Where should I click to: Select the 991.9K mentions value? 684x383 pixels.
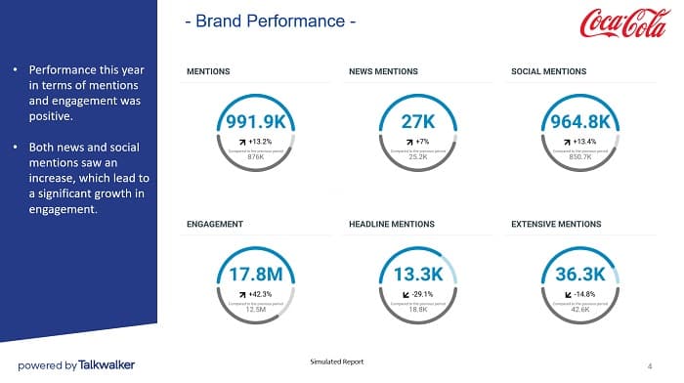255,122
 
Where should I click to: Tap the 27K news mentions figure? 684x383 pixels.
418,122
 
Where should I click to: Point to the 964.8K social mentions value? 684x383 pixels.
581,122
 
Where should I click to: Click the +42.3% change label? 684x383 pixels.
260,293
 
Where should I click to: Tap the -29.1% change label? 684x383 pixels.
423,293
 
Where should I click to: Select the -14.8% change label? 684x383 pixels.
586,293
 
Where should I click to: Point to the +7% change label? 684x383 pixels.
423,141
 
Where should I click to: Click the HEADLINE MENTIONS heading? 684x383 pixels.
392,224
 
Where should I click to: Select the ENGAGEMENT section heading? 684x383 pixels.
215,224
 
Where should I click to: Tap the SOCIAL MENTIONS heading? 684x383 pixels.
548,71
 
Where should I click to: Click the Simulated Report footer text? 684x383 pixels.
336,362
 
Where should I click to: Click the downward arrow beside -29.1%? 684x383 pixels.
406,293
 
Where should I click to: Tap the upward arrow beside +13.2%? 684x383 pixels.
243,141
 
